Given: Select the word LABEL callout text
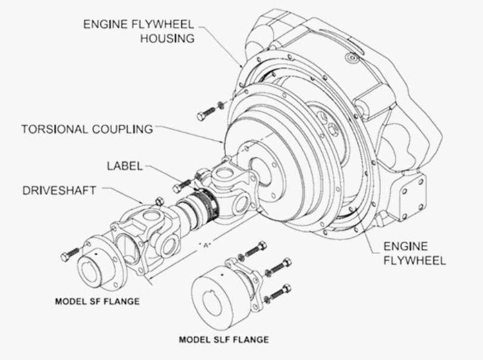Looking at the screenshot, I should [124, 167].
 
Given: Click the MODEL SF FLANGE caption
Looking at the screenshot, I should [97, 301].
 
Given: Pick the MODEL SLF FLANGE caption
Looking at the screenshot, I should [224, 340].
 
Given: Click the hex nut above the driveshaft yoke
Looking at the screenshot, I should [159, 202].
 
